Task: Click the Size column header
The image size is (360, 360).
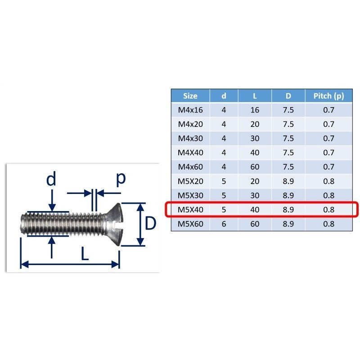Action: [190, 96]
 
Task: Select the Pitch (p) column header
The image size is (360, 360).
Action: [328, 96]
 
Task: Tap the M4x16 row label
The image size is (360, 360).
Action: [190, 110]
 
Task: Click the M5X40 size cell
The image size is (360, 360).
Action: [190, 210]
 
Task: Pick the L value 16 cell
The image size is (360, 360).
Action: [255, 110]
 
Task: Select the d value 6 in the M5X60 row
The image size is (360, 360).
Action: [224, 224]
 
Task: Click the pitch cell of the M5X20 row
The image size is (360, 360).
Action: [328, 181]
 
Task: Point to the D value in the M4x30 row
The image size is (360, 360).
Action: [288, 139]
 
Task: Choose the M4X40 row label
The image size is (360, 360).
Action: [190, 153]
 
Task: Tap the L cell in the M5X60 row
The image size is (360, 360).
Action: [255, 224]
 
